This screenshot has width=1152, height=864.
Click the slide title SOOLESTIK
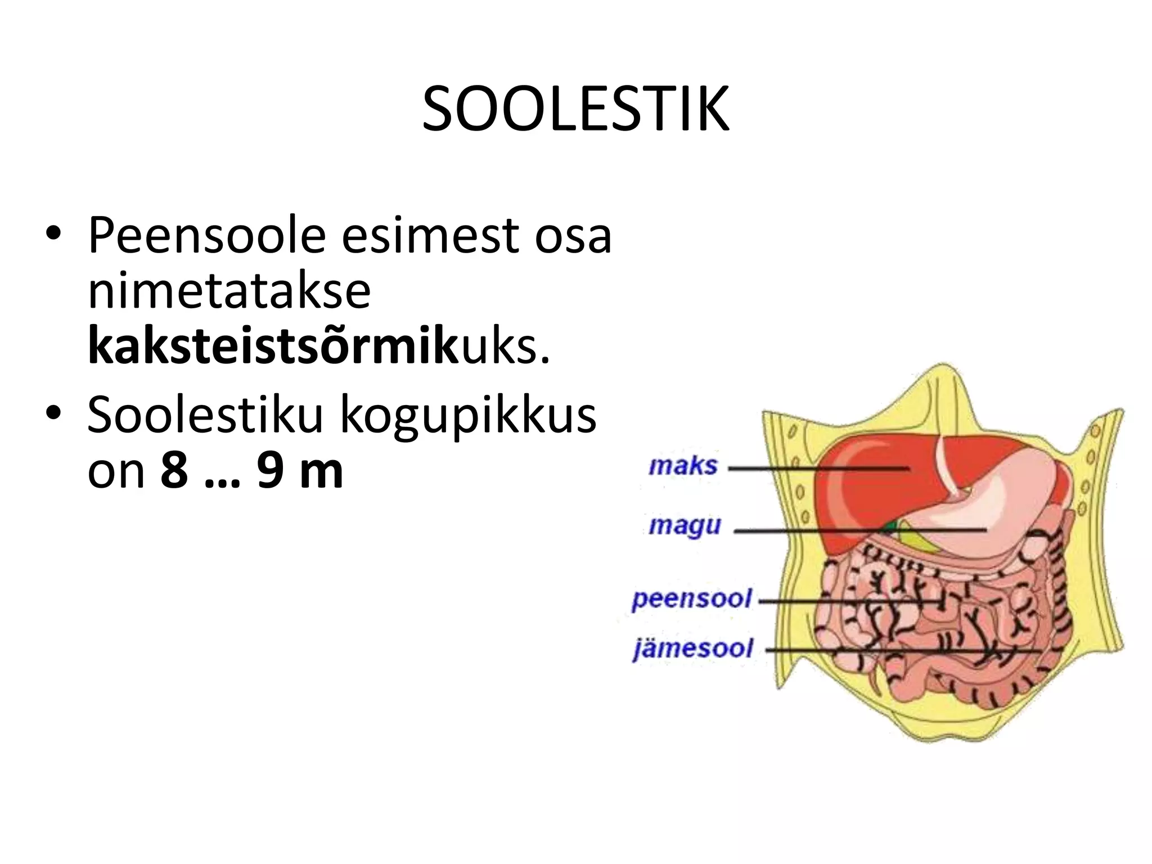(x=575, y=110)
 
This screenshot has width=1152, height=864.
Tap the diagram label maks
(x=683, y=466)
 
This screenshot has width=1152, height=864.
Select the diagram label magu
(x=684, y=526)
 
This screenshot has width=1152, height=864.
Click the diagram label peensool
(x=691, y=598)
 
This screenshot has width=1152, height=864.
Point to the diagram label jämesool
(x=692, y=649)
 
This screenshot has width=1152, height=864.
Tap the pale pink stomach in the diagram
(x=979, y=506)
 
